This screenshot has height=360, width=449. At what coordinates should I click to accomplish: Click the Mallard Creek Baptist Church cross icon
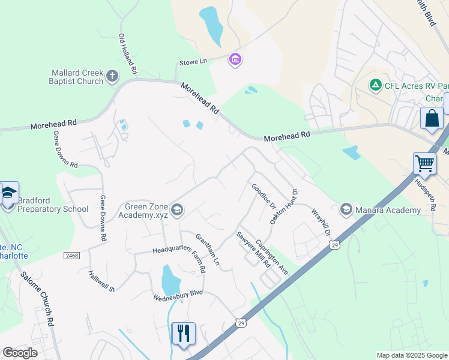[x=112, y=76]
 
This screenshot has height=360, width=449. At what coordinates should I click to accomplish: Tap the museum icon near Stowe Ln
[x=235, y=59]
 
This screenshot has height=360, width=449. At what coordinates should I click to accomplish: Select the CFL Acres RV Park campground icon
[x=376, y=85]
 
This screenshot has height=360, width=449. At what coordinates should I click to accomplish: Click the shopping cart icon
[x=424, y=163]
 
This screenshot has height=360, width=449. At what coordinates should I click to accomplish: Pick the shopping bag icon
[x=432, y=118]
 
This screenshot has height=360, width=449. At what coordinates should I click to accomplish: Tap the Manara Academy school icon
[x=346, y=209]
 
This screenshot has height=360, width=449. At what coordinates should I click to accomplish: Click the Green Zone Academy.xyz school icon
[x=176, y=209]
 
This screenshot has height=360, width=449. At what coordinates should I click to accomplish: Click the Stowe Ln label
[x=193, y=62]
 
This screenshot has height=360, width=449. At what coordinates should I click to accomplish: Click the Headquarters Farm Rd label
[x=179, y=251]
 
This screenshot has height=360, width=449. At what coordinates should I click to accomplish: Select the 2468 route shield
[x=71, y=256]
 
